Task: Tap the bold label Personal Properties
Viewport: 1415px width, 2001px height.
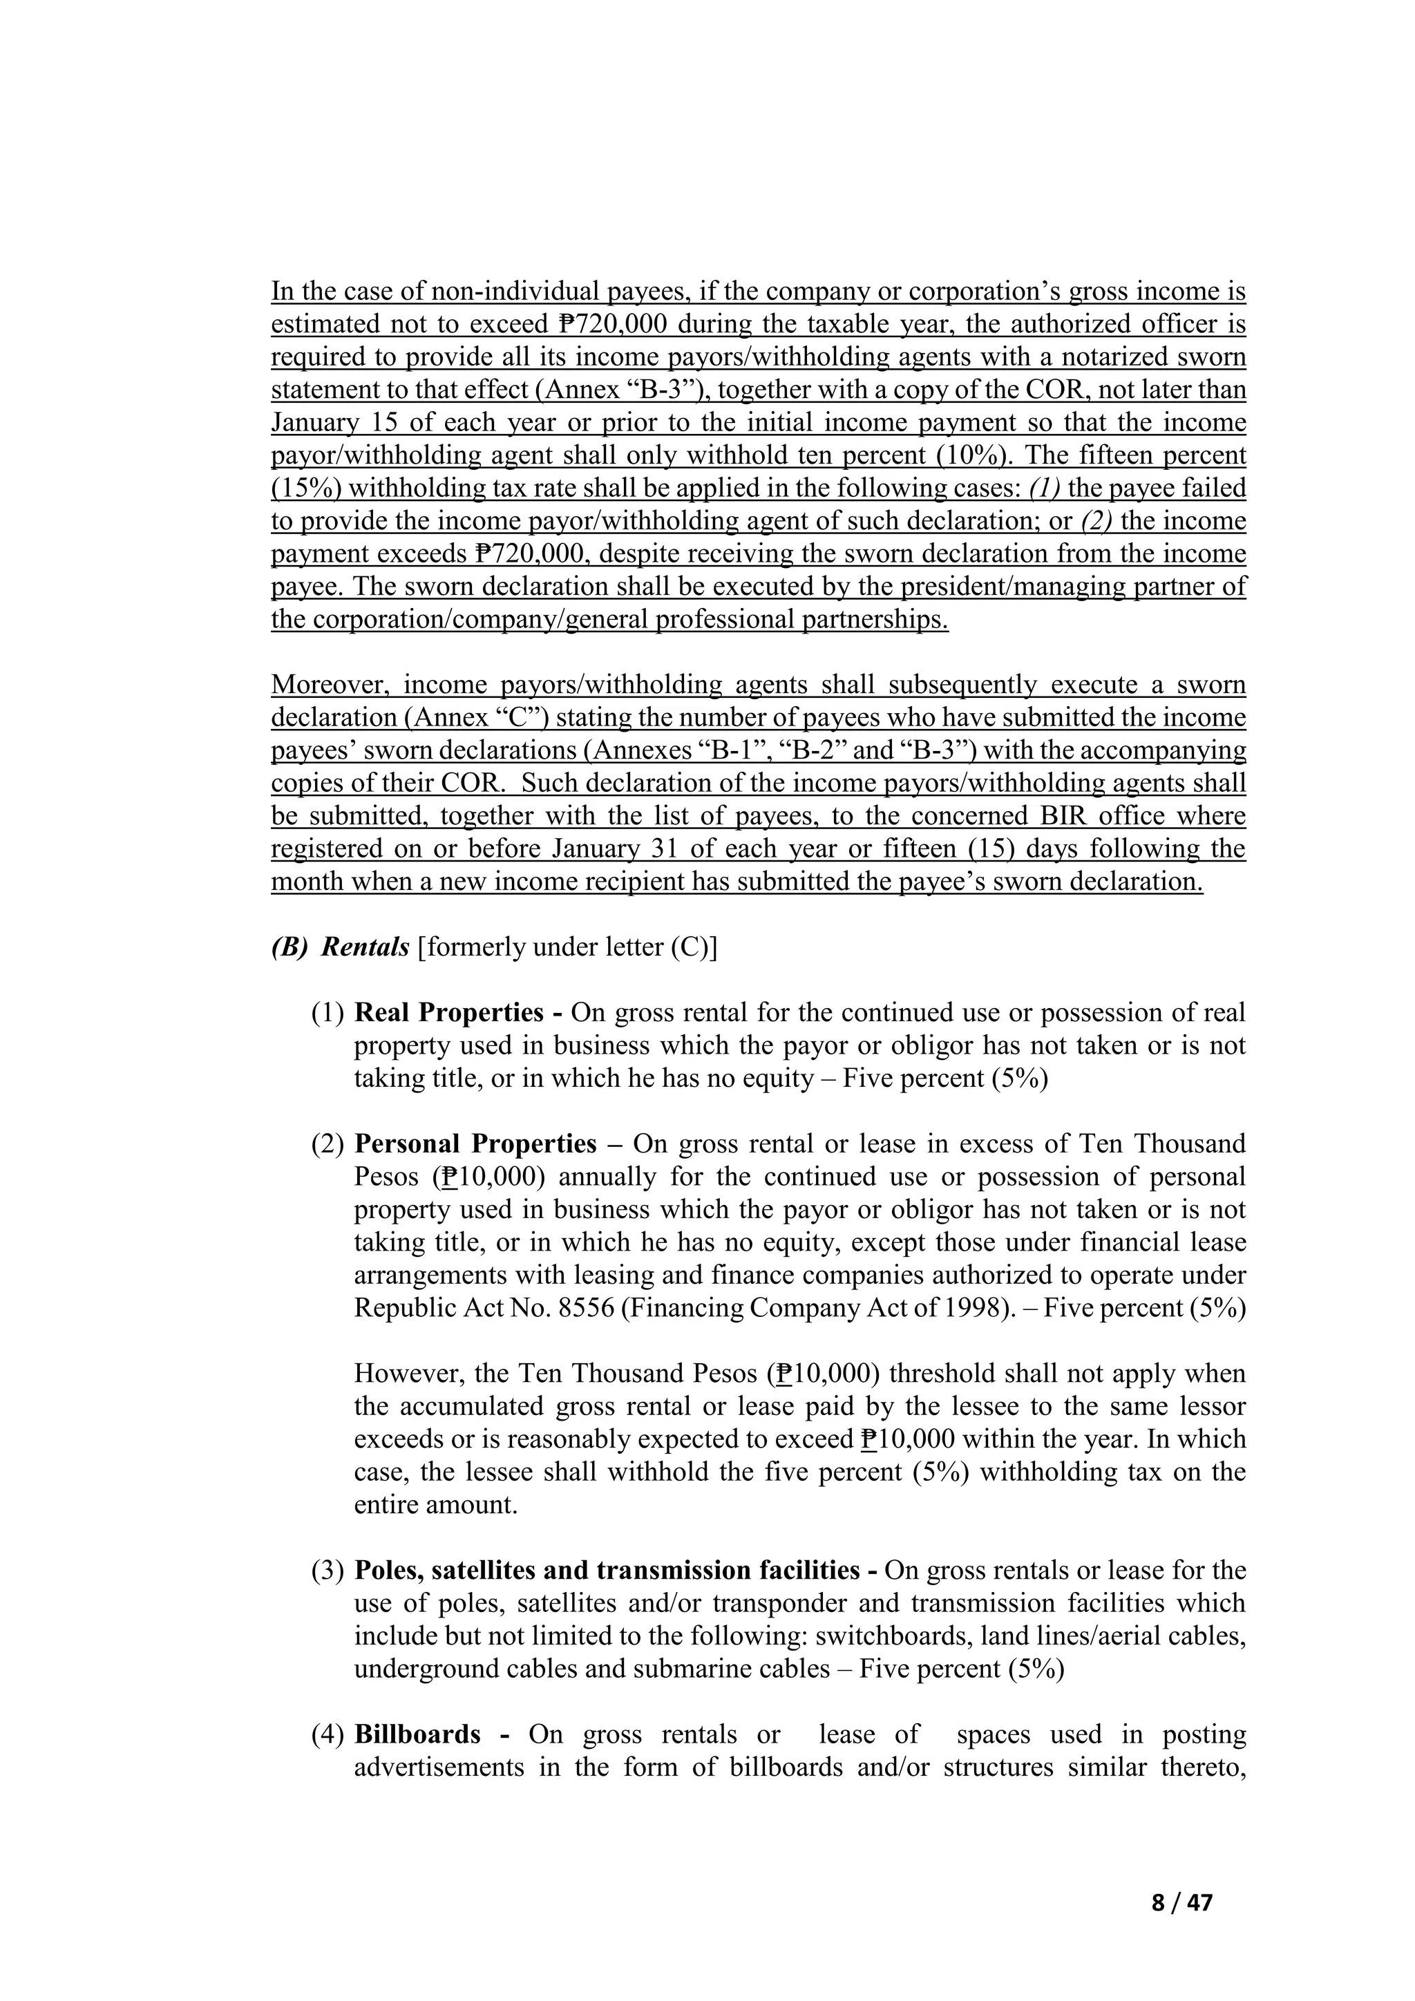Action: tap(475, 1143)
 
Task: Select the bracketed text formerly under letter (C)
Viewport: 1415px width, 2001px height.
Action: tap(567, 947)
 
